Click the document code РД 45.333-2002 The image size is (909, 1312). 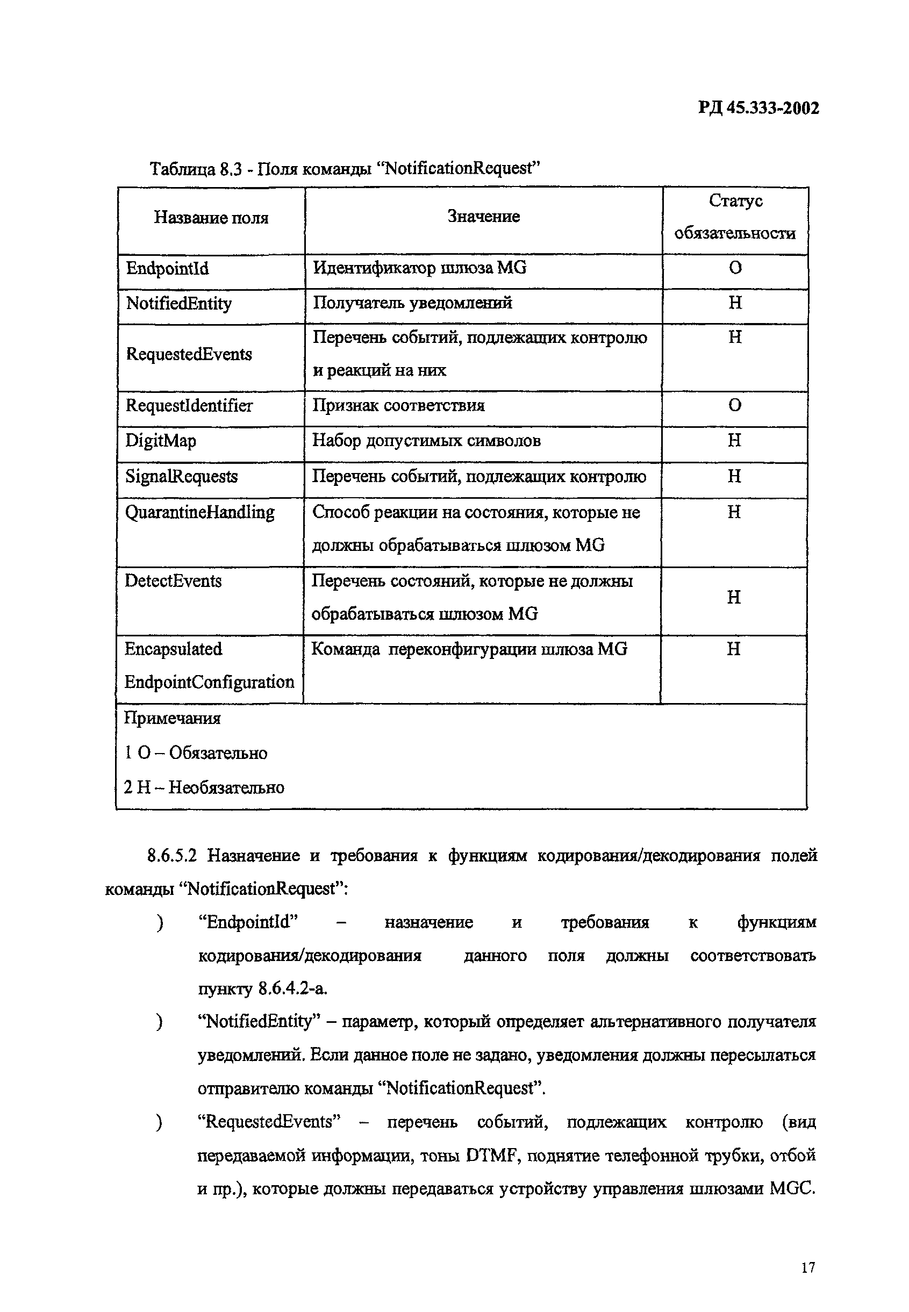point(758,108)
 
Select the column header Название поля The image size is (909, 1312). point(211,218)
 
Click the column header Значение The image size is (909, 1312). point(483,217)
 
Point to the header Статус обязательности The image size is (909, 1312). point(735,217)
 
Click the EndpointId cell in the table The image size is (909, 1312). point(168,268)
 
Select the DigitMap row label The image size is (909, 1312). point(161,441)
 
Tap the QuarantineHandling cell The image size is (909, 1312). point(199,513)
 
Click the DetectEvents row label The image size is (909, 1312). point(173,582)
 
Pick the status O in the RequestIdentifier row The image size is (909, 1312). point(735,406)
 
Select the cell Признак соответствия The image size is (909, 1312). point(398,406)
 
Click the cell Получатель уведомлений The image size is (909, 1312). point(412,303)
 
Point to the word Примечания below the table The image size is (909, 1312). point(172,719)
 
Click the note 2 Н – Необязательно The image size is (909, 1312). point(204,788)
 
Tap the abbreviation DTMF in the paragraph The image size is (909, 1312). point(490,1157)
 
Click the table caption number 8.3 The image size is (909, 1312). point(231,169)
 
